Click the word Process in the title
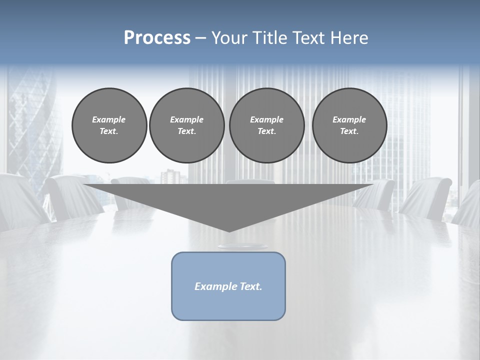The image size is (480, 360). point(157,38)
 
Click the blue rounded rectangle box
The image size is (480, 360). point(228,305)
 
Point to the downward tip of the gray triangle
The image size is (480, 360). point(228,230)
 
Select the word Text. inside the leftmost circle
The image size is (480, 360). point(109,131)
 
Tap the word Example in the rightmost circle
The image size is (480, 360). point(349,119)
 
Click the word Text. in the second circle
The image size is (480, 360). point(186,131)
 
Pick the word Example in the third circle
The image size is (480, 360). point(266,119)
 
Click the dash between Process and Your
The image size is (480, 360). point(200,38)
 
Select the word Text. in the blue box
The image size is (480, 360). point(251,286)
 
